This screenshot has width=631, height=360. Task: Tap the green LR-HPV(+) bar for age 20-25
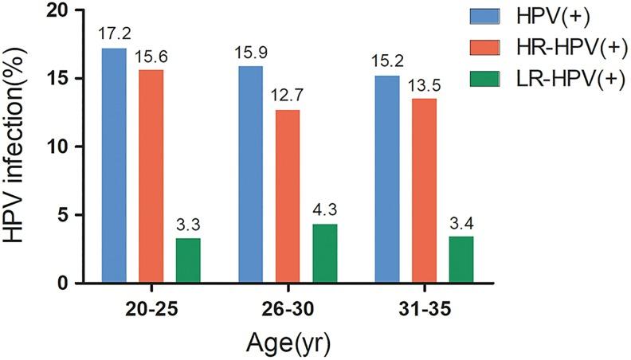pos(188,260)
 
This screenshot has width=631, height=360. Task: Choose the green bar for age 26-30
pos(325,253)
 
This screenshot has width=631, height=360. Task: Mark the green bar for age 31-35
pos(462,260)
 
